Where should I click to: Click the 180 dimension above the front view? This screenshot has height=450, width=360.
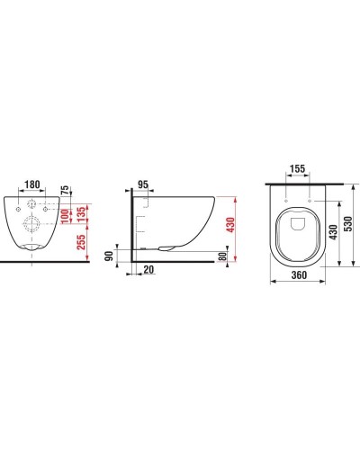[x=32, y=184]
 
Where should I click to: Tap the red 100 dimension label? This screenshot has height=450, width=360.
[x=65, y=217]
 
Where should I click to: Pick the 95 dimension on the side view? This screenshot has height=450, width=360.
[x=143, y=184]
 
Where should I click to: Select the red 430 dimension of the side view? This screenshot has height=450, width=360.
[x=230, y=225]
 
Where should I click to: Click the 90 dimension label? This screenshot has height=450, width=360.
[x=110, y=256]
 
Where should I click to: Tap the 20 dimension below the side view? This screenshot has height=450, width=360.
[x=148, y=269]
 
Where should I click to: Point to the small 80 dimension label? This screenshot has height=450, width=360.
[x=222, y=256]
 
